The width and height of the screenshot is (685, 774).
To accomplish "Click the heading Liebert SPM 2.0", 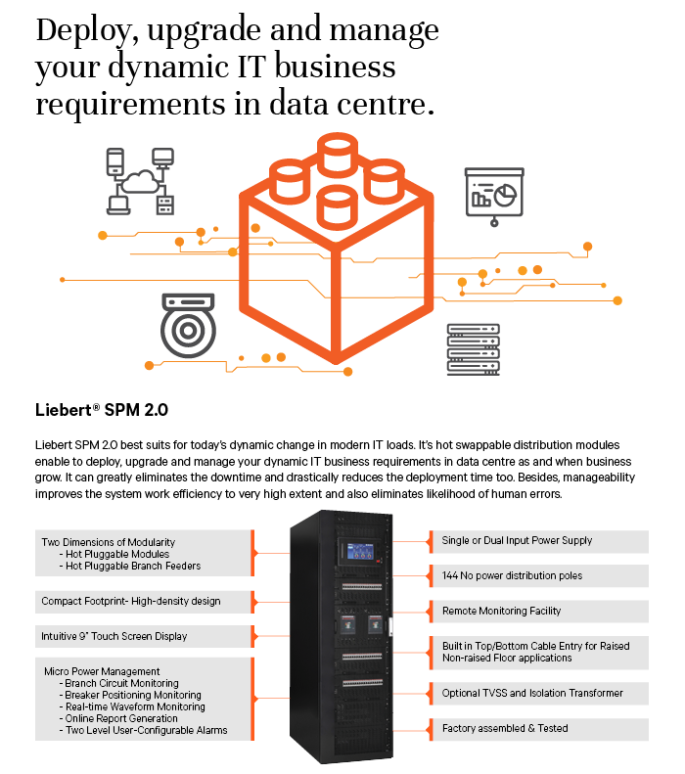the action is click(x=102, y=410).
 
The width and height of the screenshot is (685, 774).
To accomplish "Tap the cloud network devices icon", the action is click(x=140, y=181).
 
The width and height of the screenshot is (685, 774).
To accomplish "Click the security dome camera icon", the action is click(x=188, y=325).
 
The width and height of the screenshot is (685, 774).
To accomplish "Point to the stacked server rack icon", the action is click(x=474, y=349).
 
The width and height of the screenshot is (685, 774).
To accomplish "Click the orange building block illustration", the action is click(x=336, y=249).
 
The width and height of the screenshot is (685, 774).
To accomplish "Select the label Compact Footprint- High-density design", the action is click(x=131, y=601).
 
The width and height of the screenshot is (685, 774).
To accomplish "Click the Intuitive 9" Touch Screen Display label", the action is click(x=114, y=636).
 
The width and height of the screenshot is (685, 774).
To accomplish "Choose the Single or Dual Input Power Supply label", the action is click(x=517, y=540).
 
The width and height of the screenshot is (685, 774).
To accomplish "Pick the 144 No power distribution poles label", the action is click(x=512, y=575).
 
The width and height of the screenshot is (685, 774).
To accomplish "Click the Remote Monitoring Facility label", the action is click(x=501, y=612).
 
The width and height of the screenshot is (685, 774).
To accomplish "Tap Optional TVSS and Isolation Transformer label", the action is click(x=532, y=693).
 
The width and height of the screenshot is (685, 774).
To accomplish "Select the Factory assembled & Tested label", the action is click(x=505, y=728).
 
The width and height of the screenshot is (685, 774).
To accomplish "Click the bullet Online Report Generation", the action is click(x=118, y=718).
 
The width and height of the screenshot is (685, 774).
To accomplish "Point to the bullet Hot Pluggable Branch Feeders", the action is click(x=130, y=567).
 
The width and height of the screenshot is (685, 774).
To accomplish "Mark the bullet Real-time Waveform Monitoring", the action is click(x=132, y=706).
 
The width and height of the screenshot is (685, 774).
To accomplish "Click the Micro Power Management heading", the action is click(x=102, y=671).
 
